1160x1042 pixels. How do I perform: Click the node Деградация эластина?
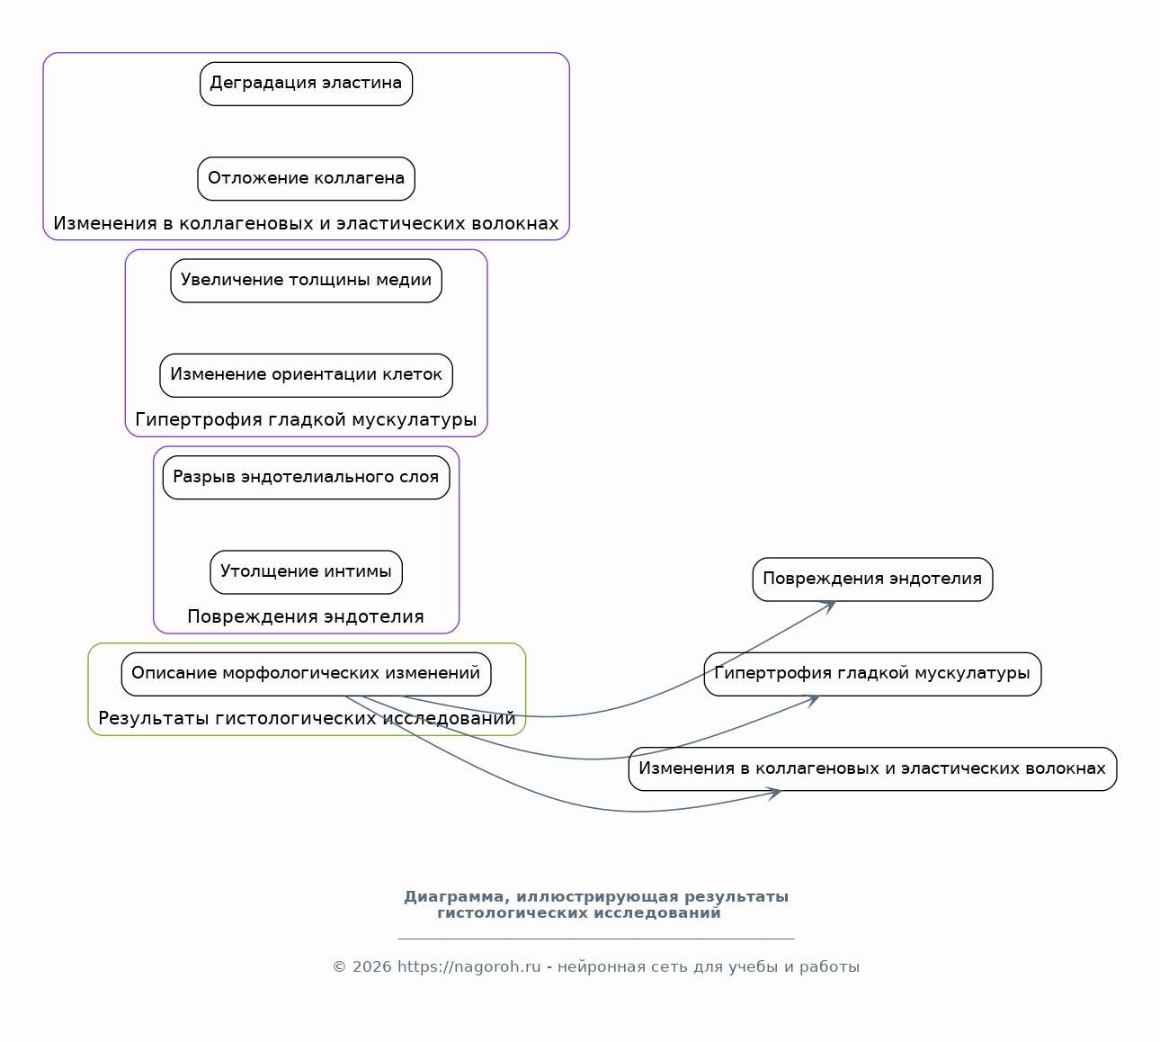pos(306,84)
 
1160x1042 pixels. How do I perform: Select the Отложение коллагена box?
pos(306,179)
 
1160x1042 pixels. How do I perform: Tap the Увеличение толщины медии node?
pos(306,281)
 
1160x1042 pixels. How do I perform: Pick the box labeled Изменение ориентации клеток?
pos(306,375)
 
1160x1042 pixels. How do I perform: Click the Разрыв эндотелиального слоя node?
pos(306,477)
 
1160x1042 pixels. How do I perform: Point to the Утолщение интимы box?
pos(306,572)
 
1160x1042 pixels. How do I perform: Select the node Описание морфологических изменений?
pos(306,674)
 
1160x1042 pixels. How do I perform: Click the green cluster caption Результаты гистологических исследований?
pos(307,718)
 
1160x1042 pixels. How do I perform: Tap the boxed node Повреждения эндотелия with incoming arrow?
pos(872,579)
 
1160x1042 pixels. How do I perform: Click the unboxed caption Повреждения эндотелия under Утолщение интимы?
pos(306,616)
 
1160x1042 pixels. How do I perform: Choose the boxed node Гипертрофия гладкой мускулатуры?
pos(872,674)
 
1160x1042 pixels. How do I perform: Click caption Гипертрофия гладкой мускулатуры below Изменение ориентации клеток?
pos(306,419)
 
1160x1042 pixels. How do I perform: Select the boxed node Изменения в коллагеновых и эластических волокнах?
pos(872,768)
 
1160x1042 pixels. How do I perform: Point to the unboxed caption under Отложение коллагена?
pos(306,223)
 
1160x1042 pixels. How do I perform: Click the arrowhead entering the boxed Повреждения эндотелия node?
pos(830,606)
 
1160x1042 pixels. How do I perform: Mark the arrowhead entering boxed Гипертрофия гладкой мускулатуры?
pos(814,699)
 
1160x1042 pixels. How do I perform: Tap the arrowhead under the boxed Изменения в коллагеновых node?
pos(775,794)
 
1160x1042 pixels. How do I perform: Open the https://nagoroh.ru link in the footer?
pos(468,967)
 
